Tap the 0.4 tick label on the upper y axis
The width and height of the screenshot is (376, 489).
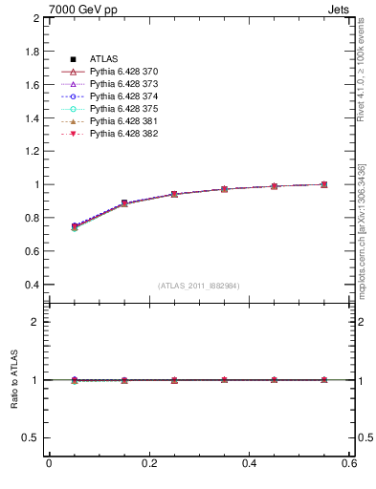[x=31, y=285]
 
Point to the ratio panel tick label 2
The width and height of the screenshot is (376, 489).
[x=35, y=322]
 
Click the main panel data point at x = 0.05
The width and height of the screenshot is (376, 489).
[x=75, y=226]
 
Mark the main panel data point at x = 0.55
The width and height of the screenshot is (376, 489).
[x=324, y=184]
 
